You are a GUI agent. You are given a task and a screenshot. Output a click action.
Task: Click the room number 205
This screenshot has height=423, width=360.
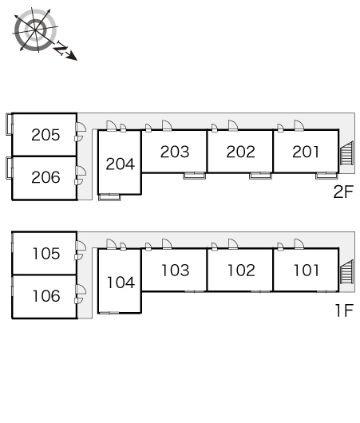(x=45, y=135)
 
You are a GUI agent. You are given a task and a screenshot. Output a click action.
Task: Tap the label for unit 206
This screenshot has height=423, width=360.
(x=45, y=177)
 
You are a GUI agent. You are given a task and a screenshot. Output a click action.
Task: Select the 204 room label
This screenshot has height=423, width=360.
(x=120, y=164)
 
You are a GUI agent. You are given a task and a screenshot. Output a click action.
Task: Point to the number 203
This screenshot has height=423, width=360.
(x=175, y=152)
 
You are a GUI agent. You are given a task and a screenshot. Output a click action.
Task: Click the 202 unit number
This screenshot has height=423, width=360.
(x=241, y=152)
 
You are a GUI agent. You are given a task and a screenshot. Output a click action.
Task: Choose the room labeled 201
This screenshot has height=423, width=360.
(x=306, y=152)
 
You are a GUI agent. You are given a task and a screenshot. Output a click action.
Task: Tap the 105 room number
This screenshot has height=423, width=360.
(x=46, y=254)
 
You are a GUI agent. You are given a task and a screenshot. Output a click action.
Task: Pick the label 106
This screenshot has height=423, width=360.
(x=46, y=296)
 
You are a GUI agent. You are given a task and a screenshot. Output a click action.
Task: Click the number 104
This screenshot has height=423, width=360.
(x=121, y=283)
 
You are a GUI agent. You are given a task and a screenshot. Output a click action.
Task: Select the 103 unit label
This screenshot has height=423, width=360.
(x=176, y=271)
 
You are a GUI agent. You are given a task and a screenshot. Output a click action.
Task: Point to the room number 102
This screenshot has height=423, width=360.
(x=241, y=271)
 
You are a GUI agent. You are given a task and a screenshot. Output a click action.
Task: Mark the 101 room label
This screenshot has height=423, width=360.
(x=307, y=271)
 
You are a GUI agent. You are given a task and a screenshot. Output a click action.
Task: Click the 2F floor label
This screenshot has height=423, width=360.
(x=343, y=192)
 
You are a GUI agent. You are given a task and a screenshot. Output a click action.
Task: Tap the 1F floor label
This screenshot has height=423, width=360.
(x=344, y=310)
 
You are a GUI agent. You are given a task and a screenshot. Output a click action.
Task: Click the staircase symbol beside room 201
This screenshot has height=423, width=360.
(x=346, y=153)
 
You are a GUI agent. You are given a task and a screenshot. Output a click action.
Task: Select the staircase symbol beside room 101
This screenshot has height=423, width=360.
(x=346, y=271)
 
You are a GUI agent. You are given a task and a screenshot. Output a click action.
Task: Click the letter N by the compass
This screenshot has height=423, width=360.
(x=61, y=49)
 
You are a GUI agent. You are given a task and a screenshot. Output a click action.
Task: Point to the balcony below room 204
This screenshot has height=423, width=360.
(x=109, y=197)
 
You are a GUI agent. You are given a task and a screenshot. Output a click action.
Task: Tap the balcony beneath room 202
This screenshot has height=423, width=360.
(x=260, y=176)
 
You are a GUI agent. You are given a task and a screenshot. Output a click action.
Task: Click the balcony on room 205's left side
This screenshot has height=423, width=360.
(x=9, y=124)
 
